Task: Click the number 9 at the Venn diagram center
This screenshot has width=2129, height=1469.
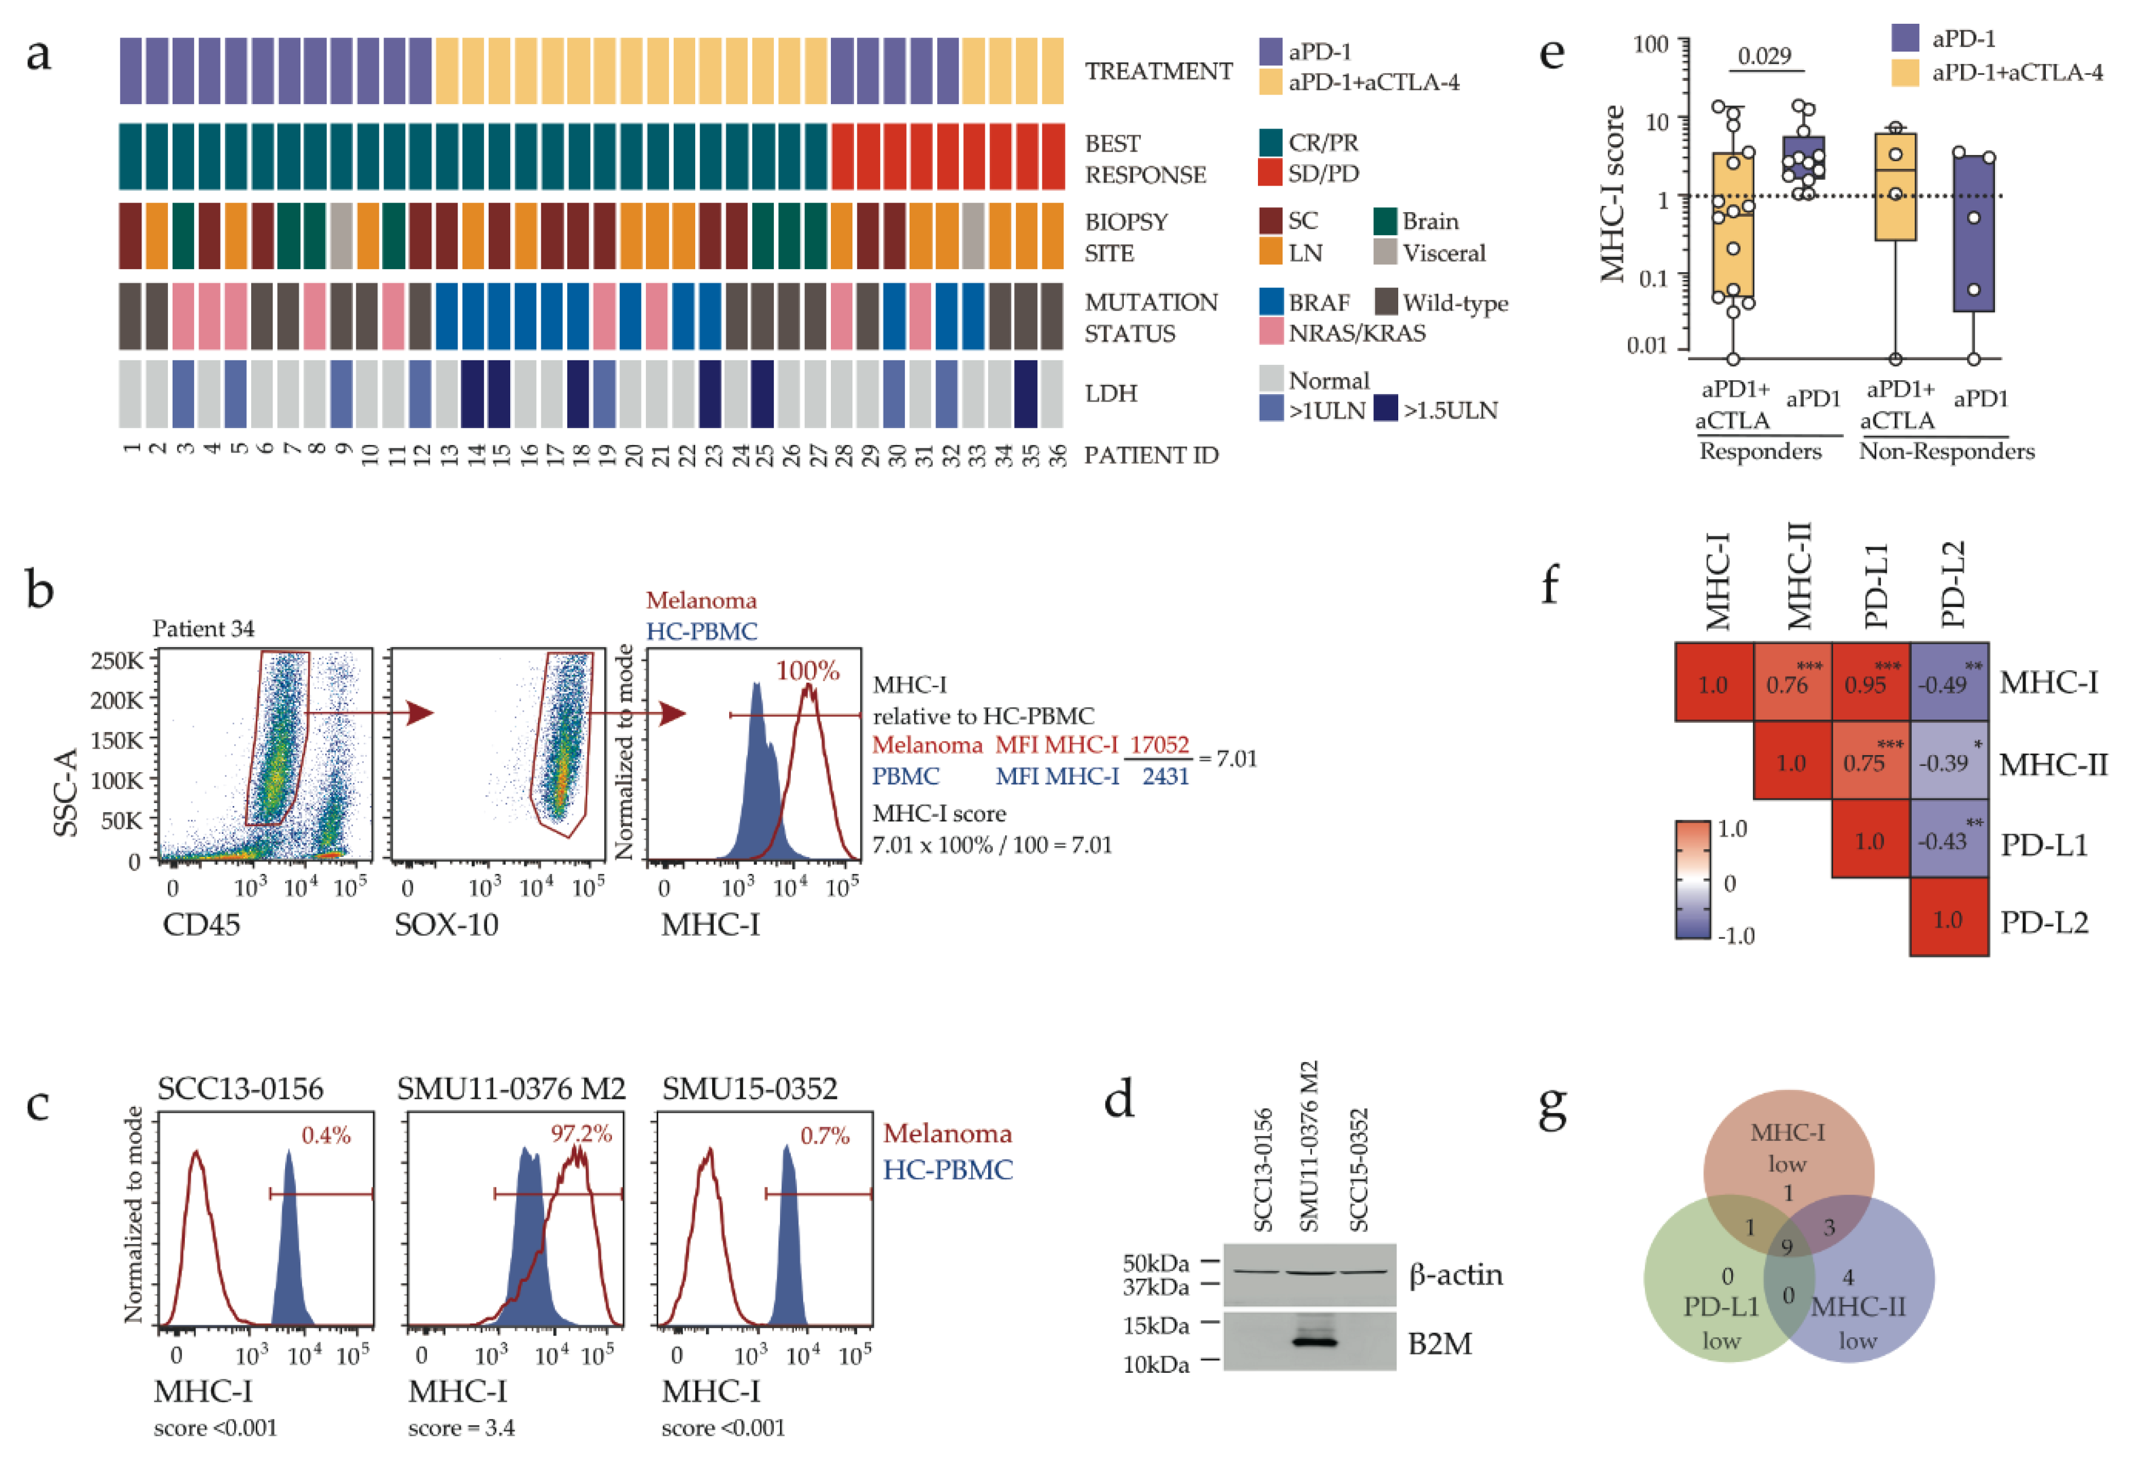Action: click(1787, 1247)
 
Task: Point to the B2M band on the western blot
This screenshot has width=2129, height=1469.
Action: click(1311, 1342)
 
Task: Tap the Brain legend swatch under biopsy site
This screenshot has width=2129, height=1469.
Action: click(1385, 222)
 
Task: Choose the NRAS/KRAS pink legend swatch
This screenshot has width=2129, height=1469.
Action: click(1271, 332)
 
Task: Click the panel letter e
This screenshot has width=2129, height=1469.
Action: click(1552, 53)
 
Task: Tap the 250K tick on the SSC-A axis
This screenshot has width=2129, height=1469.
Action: click(117, 661)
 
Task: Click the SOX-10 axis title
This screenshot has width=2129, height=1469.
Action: click(446, 924)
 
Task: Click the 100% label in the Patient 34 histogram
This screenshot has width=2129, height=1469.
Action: click(807, 670)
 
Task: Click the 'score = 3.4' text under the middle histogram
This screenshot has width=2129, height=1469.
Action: click(461, 1428)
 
